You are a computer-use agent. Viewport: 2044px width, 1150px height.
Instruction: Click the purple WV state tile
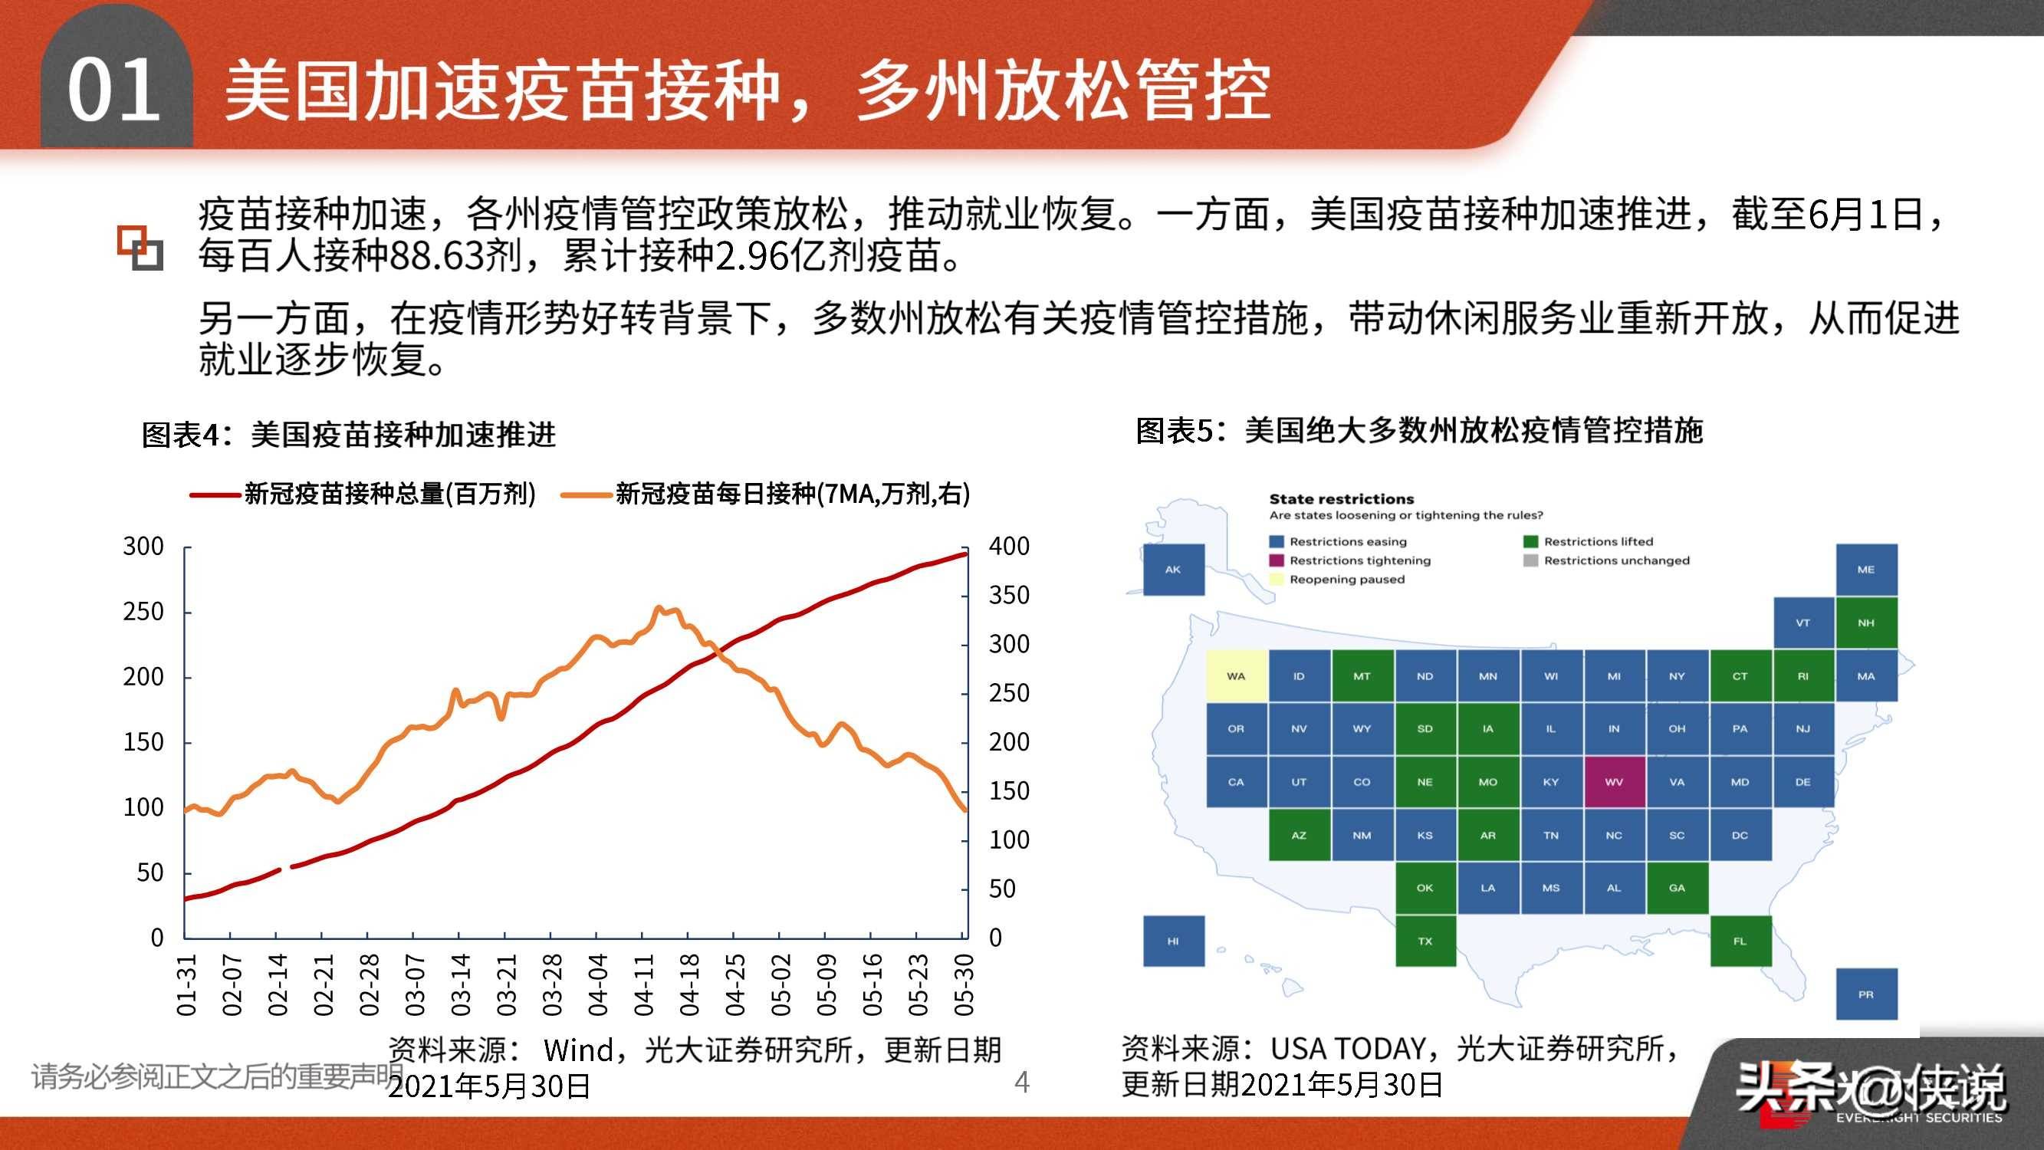coord(1614,782)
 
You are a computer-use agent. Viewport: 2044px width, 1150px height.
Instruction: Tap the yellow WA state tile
coord(1236,676)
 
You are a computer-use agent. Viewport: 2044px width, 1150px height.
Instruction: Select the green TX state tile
coord(1425,941)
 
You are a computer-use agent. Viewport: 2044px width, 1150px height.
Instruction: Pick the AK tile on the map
coord(1173,569)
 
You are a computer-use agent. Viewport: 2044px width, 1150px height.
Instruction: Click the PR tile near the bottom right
coord(1865,994)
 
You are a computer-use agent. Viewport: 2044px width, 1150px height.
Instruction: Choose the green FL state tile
coord(1740,941)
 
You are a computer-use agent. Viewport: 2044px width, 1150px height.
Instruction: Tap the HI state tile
coord(1173,941)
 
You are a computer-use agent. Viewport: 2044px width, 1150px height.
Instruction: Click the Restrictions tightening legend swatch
coord(1276,560)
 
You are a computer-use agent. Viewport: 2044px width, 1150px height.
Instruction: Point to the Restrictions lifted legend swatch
coord(1530,541)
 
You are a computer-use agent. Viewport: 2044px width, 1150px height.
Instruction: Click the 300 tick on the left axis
coord(143,547)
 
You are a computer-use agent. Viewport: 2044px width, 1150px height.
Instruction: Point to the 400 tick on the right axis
coord(1008,547)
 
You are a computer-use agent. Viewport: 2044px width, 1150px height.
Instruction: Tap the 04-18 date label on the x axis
coord(689,985)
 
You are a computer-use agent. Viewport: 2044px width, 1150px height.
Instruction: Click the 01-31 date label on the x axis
coord(186,985)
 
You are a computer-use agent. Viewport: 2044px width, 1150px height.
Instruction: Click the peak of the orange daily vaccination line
coord(659,608)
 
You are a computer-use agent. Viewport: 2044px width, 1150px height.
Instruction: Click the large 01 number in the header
coord(114,91)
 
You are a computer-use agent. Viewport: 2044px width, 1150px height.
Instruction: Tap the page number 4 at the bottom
coord(1022,1083)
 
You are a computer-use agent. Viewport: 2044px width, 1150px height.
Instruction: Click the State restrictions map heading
coord(1341,499)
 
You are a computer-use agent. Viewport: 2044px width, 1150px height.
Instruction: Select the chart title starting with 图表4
coord(349,435)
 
